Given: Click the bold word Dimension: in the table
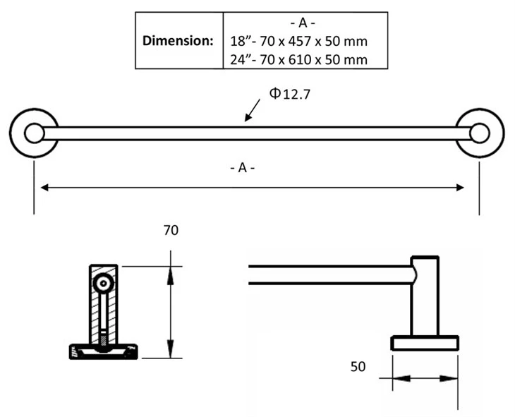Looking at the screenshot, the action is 178,41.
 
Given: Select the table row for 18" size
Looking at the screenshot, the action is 298,42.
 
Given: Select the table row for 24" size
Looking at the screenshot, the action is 298,60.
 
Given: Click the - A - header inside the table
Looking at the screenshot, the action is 303,23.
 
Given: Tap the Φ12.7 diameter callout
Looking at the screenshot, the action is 290,94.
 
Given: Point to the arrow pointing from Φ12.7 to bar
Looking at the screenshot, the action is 253,110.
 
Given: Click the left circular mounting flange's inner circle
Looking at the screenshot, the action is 34,133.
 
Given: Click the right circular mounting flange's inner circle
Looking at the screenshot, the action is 480,133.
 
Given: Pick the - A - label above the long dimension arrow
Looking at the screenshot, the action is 243,168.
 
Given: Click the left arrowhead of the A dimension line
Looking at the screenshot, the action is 44,188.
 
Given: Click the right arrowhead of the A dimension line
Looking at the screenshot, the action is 460,188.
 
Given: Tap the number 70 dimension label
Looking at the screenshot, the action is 171,230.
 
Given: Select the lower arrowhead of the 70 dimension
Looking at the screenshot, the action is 170,348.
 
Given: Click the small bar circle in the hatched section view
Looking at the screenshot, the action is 104,283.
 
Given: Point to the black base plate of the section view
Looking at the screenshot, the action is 104,351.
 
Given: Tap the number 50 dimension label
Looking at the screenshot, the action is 358,367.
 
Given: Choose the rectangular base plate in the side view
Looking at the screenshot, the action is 425,344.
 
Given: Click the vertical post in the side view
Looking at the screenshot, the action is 425,296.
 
